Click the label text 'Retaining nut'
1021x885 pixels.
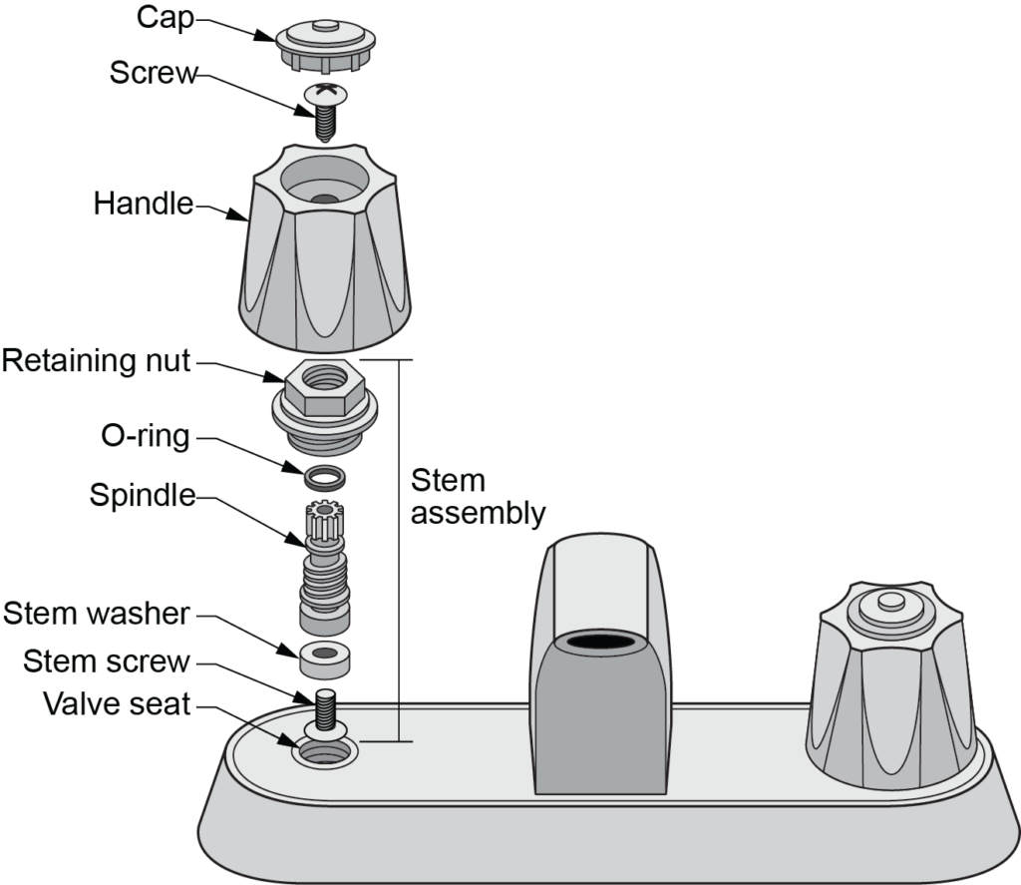(x=96, y=360)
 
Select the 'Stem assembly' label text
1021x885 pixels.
(x=478, y=497)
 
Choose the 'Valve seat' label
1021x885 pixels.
(x=116, y=703)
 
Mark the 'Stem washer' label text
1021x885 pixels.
(x=96, y=613)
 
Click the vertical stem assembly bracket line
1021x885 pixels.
(x=401, y=549)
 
